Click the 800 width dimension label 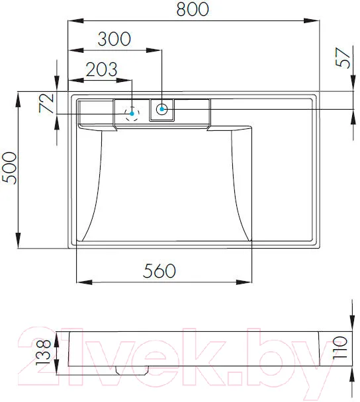(x=193, y=9)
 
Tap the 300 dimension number (x=114, y=39)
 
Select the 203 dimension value (x=101, y=69)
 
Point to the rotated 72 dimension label (x=46, y=102)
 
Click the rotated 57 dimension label (x=343, y=58)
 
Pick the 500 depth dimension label (x=9, y=168)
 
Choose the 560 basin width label (x=159, y=270)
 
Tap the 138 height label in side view (x=43, y=352)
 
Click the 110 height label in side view (x=340, y=348)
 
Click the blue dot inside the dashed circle (x=132, y=113)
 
